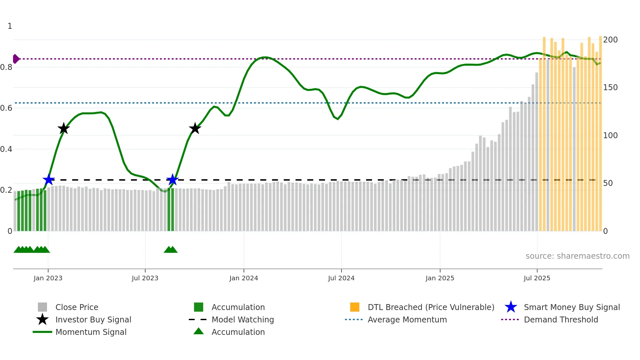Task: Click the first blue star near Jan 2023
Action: (49, 180)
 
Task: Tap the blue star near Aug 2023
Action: (172, 180)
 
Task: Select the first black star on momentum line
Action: (64, 128)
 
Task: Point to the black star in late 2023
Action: (195, 128)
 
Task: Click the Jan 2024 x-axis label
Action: (244, 278)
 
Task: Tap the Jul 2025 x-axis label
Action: (537, 278)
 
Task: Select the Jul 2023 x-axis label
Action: (145, 278)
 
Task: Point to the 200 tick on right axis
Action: (610, 40)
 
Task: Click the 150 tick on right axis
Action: (610, 88)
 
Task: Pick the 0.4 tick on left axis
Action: (6, 149)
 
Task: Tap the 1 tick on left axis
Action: (10, 26)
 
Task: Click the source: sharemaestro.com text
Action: (577, 256)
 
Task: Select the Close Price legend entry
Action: (77, 307)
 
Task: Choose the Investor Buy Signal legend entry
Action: (93, 320)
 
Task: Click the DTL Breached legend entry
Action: (431, 307)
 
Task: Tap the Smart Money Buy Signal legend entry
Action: (571, 307)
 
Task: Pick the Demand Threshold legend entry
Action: (561, 320)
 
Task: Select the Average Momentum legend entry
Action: (407, 320)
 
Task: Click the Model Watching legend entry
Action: (243, 320)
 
